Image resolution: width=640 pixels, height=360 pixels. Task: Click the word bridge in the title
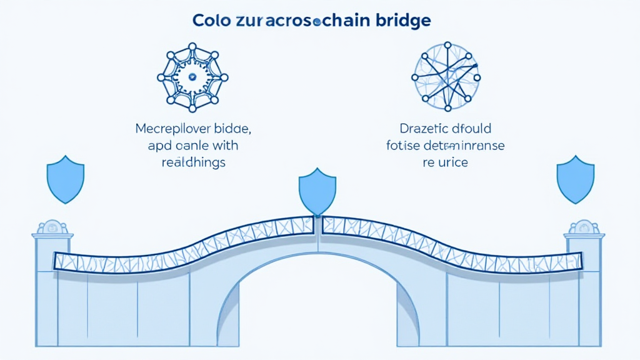click(401, 20)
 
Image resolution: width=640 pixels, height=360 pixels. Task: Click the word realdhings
click(193, 162)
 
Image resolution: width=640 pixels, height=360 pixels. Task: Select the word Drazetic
click(423, 129)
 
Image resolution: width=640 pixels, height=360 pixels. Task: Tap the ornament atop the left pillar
click(52, 227)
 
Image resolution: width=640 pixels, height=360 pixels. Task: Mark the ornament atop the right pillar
click(584, 227)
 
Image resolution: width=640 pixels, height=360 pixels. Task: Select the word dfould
click(472, 129)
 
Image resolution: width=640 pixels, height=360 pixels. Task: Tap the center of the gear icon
click(192, 77)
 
